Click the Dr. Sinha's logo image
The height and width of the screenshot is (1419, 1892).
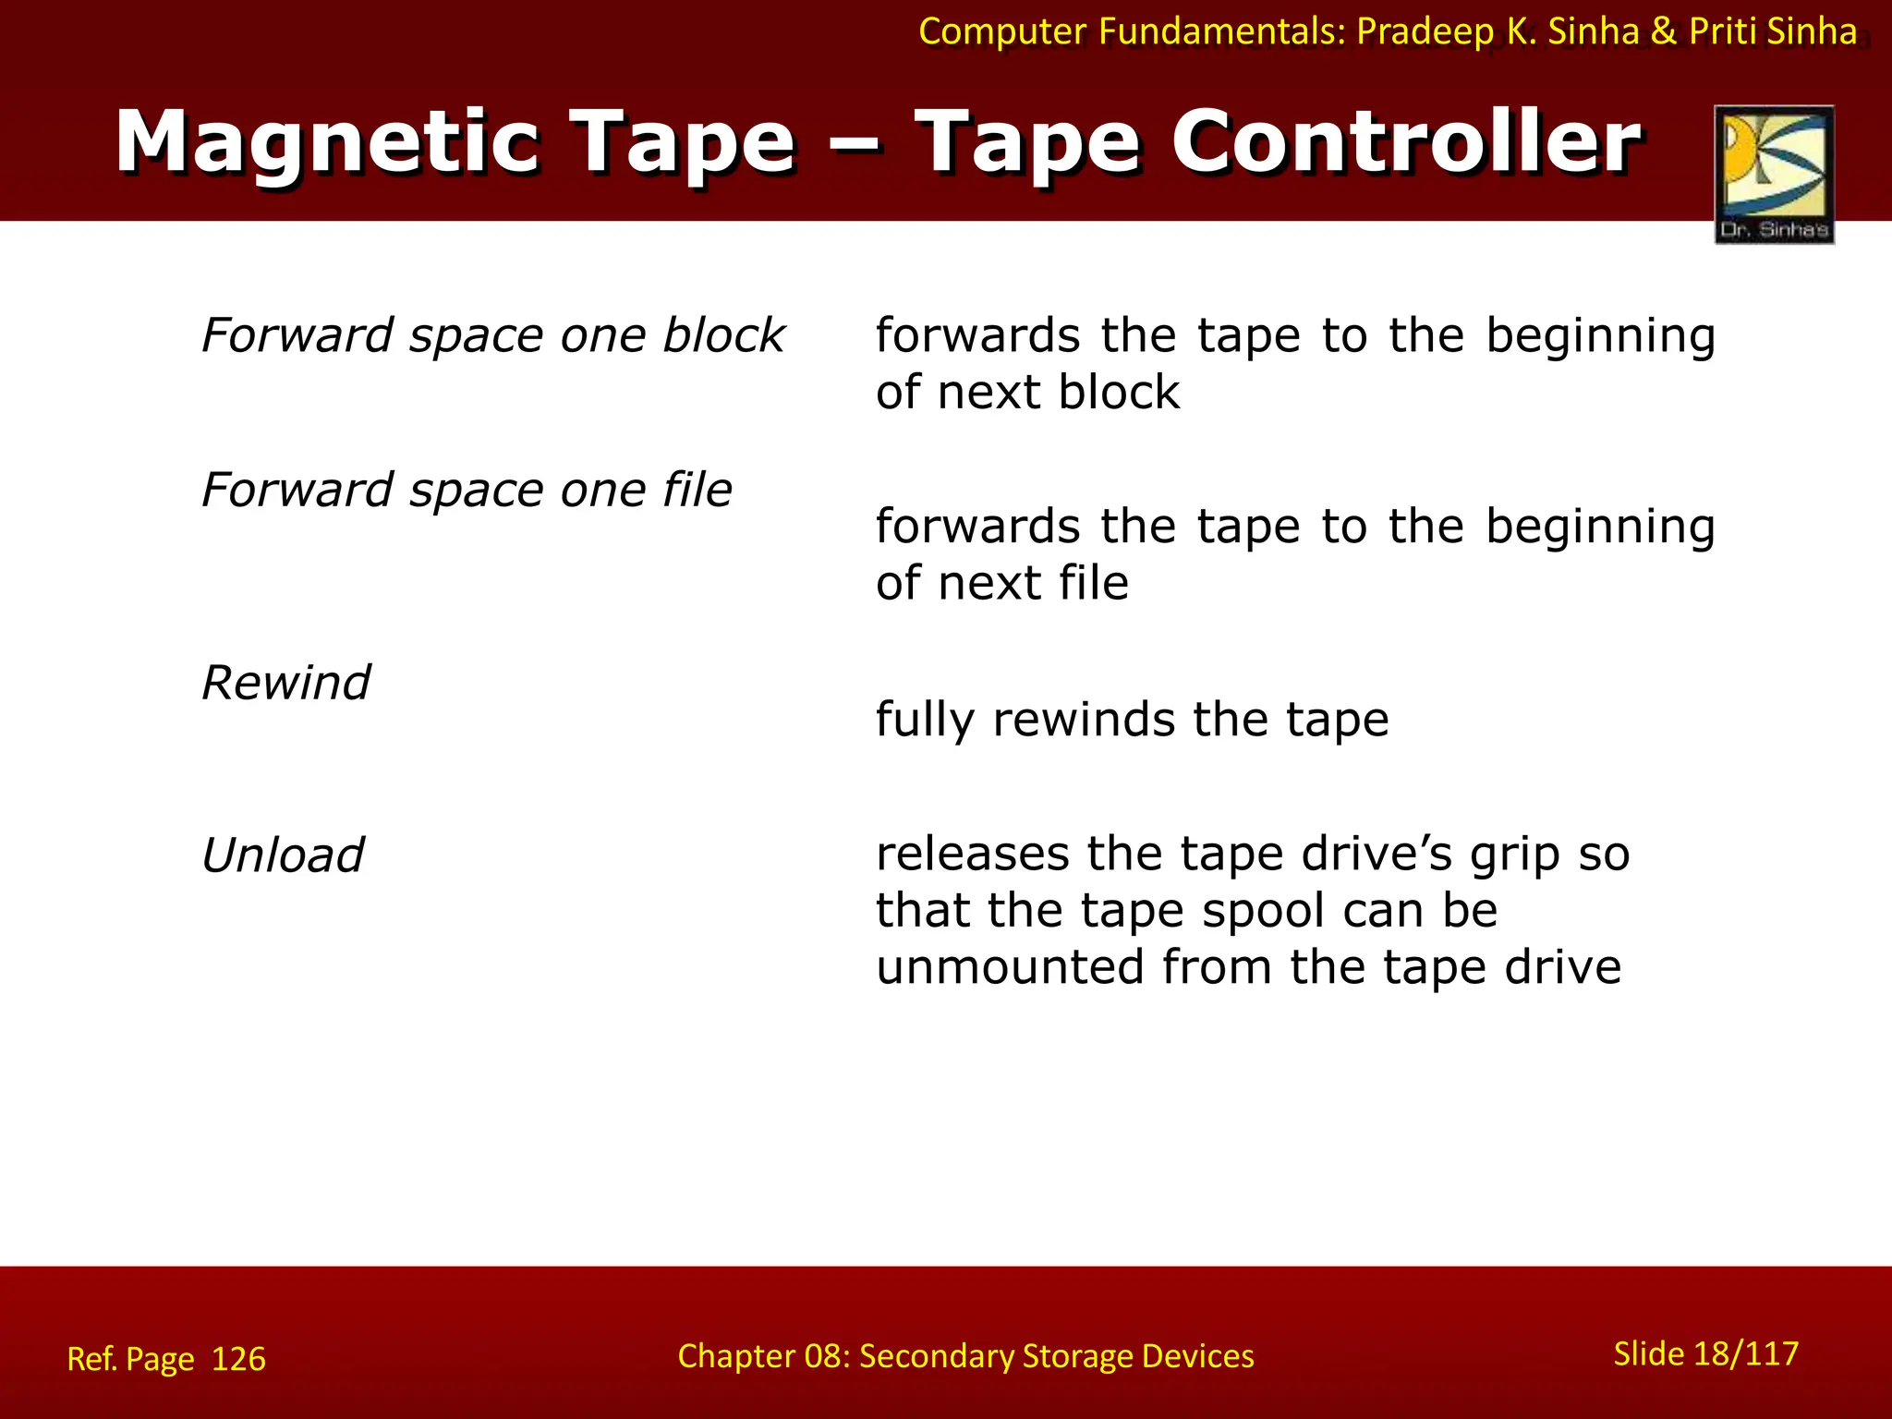click(1774, 174)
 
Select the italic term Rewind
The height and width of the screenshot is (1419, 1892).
click(285, 684)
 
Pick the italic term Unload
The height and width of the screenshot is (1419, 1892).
click(283, 855)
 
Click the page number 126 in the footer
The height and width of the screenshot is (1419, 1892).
click(238, 1359)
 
